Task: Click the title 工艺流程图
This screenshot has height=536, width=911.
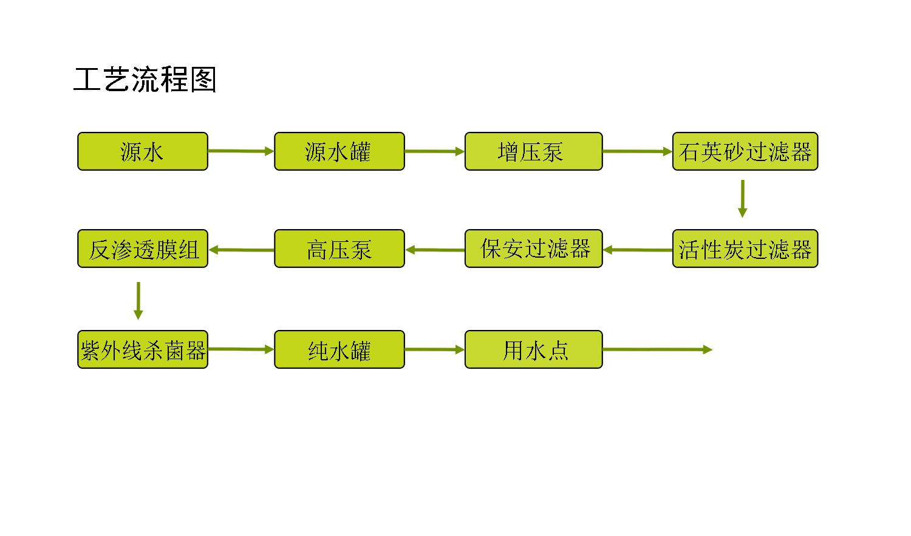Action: pyautogui.click(x=145, y=80)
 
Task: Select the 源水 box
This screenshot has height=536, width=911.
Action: pyautogui.click(x=143, y=151)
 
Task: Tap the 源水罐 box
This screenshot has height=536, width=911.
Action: pyautogui.click(x=339, y=151)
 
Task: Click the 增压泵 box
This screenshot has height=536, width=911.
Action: pyautogui.click(x=534, y=151)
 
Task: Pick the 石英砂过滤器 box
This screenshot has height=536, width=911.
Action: pyautogui.click(x=745, y=151)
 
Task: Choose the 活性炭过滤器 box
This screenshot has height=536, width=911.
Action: pyautogui.click(x=745, y=249)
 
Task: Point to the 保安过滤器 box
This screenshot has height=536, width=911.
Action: pyautogui.click(x=534, y=249)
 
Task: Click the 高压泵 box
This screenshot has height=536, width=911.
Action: pyautogui.click(x=339, y=249)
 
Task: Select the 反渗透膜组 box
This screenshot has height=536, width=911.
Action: pyautogui.click(x=143, y=249)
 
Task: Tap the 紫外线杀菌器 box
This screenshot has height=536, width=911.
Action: pyautogui.click(x=143, y=349)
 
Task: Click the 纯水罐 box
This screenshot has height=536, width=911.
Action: pyautogui.click(x=339, y=349)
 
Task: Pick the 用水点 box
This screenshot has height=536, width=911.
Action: pyautogui.click(x=534, y=349)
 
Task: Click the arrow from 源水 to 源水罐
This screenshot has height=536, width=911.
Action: pyautogui.click(x=241, y=151)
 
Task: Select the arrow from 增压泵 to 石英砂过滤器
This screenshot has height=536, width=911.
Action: pyautogui.click(x=638, y=151)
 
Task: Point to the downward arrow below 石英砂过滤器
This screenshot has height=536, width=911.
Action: pyautogui.click(x=743, y=199)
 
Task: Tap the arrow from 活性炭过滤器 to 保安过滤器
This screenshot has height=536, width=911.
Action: pyautogui.click(x=638, y=250)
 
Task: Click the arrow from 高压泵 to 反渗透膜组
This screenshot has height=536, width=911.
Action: pyautogui.click(x=242, y=250)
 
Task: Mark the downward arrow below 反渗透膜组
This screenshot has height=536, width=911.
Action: pyautogui.click(x=138, y=301)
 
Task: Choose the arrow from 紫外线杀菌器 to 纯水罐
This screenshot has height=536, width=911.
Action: pyautogui.click(x=241, y=349)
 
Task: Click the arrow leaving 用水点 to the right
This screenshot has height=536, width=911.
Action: pyautogui.click(x=658, y=349)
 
